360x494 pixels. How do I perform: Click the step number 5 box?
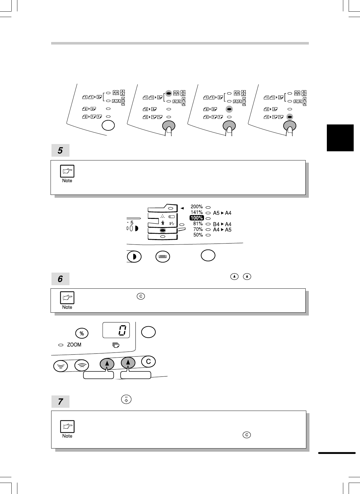tap(60, 151)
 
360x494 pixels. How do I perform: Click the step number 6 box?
tap(60, 279)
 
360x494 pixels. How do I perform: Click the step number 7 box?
tap(60, 402)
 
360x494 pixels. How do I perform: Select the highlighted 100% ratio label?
tap(196, 218)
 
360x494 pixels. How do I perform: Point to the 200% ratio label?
tap(196, 207)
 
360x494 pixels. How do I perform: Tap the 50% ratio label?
tap(198, 235)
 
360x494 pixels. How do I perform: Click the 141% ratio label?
tap(196, 212)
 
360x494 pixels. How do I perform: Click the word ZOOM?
tap(74, 345)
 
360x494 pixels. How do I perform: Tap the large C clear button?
tap(148, 362)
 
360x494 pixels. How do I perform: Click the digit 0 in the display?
tap(123, 330)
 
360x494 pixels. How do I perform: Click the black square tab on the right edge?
tap(340, 138)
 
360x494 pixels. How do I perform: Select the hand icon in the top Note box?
tap(67, 171)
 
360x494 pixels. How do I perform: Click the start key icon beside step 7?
tap(126, 400)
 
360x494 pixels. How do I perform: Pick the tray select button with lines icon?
tap(163, 256)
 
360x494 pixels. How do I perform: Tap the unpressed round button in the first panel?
tap(108, 125)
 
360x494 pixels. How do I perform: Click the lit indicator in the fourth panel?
tap(289, 117)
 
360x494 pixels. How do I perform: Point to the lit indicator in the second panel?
tap(169, 93)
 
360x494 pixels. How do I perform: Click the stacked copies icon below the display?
tap(116, 345)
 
